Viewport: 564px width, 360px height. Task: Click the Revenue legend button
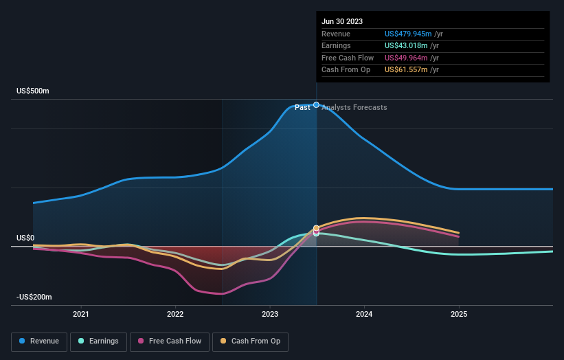coord(39,341)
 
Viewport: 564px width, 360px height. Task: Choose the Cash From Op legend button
coord(250,341)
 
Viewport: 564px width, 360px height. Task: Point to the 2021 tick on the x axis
coord(81,314)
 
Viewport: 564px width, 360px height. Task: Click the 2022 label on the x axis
coord(175,314)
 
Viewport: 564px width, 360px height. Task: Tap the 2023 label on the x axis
coord(270,314)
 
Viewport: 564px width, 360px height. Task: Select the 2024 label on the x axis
coord(364,314)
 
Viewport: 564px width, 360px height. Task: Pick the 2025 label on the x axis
coord(459,314)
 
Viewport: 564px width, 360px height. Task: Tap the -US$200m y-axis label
coord(34,297)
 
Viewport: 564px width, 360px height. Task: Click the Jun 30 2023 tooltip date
coord(341,21)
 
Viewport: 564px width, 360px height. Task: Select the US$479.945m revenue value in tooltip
coord(408,34)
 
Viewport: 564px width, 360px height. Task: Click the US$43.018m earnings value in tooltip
coord(405,46)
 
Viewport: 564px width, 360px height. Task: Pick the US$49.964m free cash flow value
coord(405,58)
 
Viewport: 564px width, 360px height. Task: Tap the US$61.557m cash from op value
coord(405,70)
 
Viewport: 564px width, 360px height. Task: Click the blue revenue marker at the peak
coord(316,105)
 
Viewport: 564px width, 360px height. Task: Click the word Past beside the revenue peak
coord(302,108)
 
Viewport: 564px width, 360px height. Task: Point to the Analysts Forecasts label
coord(354,108)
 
